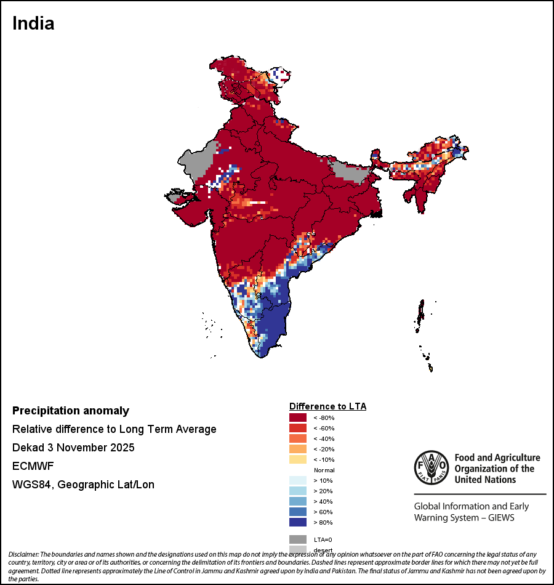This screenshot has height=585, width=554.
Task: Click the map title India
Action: tap(33, 23)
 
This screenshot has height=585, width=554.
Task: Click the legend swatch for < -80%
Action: tap(298, 418)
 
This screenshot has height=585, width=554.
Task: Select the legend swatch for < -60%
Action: tap(298, 428)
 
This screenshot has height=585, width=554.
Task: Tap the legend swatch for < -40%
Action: tap(298, 438)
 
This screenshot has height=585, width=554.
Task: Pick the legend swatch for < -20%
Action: tap(298, 449)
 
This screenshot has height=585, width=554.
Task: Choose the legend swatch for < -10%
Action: tap(298, 459)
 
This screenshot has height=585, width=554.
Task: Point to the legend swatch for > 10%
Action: tap(298, 480)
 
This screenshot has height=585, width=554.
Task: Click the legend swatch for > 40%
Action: tap(298, 501)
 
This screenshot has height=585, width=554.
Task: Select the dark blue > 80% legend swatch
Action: tap(298, 522)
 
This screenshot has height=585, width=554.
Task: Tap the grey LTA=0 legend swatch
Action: tap(298, 539)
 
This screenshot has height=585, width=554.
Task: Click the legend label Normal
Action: tap(324, 470)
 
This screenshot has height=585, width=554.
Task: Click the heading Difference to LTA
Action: tap(327, 406)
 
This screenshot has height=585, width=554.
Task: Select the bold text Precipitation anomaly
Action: tap(71, 411)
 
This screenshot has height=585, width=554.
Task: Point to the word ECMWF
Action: tap(33, 466)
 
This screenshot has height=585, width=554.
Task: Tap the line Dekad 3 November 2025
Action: tap(73, 448)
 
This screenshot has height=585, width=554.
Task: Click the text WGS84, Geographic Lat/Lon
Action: tap(83, 485)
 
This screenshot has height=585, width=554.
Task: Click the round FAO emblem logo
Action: tap(430, 467)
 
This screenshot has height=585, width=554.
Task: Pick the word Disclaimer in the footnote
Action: tap(23, 555)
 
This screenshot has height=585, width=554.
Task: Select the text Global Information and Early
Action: tap(471, 507)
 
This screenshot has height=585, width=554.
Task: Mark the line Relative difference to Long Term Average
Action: tap(114, 429)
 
